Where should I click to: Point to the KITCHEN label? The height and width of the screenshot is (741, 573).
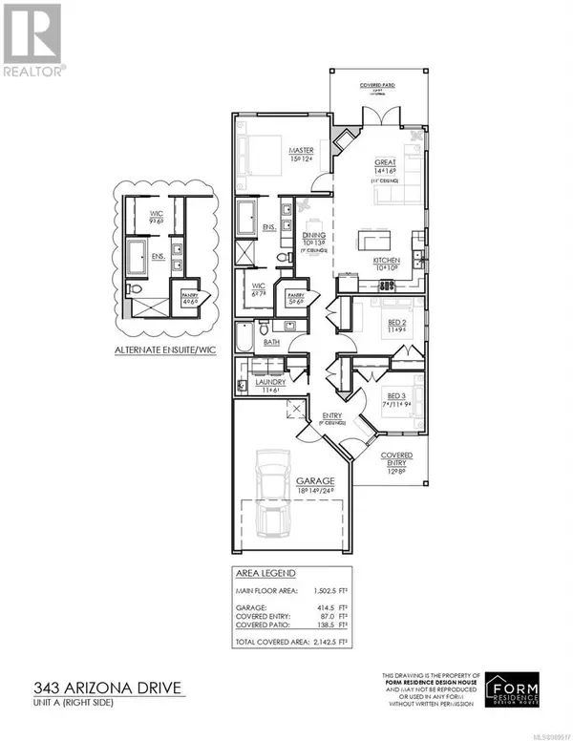[387, 260]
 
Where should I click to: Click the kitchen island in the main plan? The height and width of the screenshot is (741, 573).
[379, 237]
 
